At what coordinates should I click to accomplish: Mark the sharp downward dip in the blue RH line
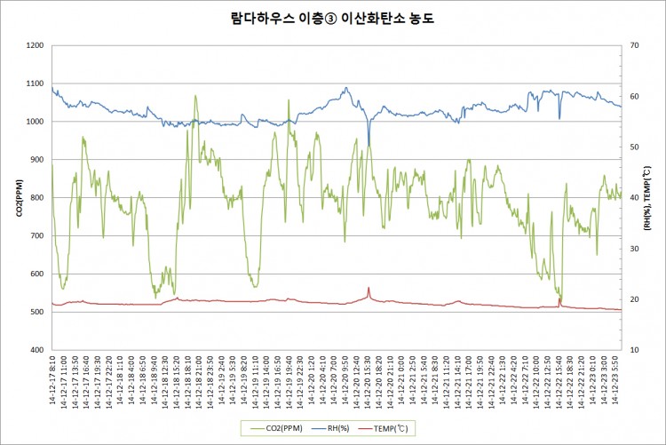click(369, 145)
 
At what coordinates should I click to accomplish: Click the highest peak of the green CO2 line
click(195, 96)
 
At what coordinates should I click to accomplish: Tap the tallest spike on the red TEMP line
click(369, 288)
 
